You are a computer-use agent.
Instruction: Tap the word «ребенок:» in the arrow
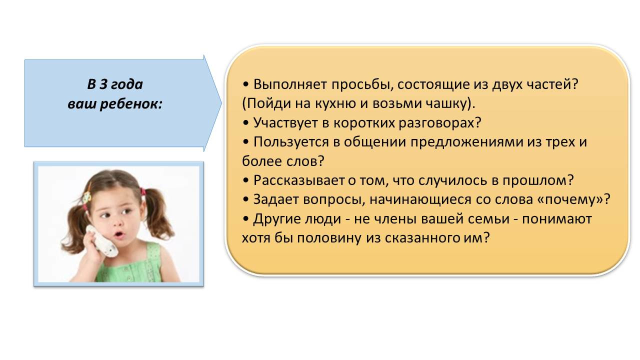131,103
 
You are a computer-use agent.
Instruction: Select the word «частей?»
552,84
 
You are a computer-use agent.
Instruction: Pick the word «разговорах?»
440,123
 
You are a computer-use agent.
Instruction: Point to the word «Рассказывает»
299,180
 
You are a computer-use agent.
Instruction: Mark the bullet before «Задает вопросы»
245,199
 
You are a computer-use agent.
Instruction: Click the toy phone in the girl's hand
102,241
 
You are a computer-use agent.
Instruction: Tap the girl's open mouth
119,235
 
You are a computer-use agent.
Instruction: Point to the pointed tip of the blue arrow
221,103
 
